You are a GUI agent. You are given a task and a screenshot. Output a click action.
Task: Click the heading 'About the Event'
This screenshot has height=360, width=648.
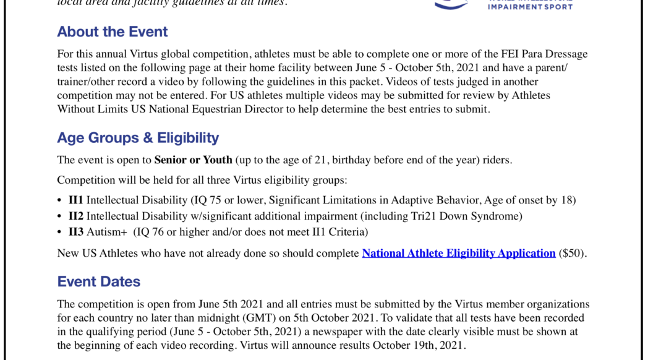click(112, 32)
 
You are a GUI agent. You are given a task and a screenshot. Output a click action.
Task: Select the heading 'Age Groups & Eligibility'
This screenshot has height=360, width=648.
click(138, 137)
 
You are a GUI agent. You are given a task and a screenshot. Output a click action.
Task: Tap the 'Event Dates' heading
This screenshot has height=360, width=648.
click(98, 281)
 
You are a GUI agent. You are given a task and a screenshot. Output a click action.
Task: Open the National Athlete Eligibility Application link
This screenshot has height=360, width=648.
click(458, 253)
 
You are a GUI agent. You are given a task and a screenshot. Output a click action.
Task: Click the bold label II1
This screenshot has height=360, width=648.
click(75, 200)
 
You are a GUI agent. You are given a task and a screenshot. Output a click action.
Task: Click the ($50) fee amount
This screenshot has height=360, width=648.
click(572, 253)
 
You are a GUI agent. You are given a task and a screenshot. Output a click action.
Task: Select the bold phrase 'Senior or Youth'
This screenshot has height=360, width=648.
click(193, 160)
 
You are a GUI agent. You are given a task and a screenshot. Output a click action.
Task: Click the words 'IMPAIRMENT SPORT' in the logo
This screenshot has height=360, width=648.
click(530, 7)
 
